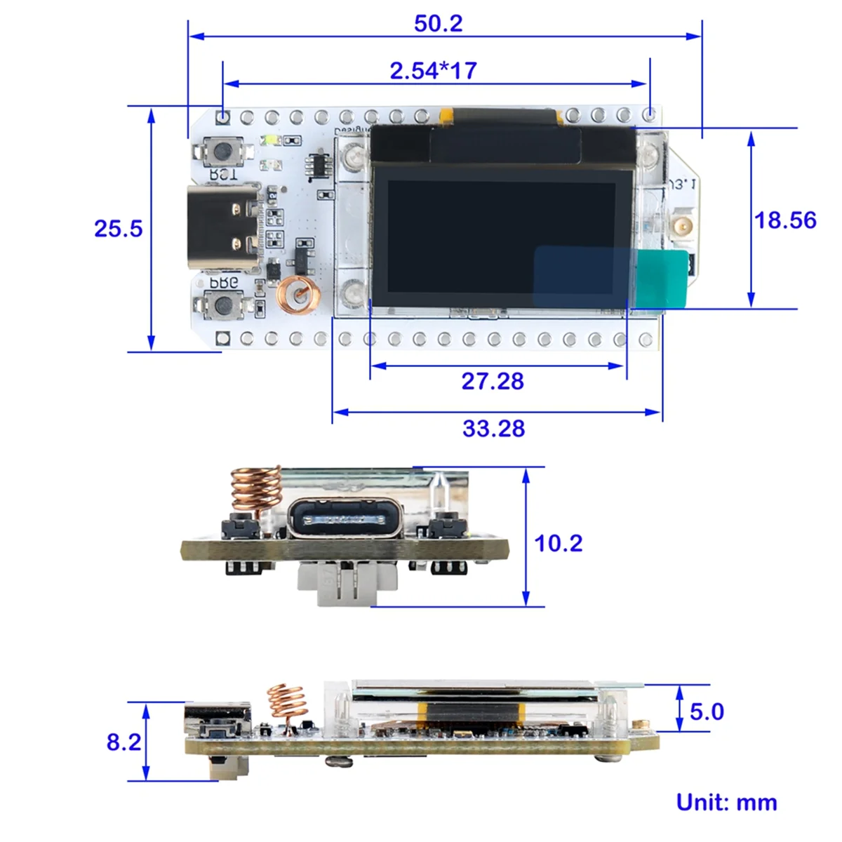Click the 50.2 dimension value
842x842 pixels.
point(438,23)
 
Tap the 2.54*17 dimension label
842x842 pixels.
point(433,70)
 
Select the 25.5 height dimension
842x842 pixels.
point(118,229)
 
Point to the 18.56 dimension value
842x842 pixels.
point(784,220)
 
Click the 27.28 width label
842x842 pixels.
point(492,381)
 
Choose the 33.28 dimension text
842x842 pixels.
point(493,428)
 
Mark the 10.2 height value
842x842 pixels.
point(558,543)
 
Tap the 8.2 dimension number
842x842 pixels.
point(123,742)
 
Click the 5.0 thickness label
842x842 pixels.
point(706,711)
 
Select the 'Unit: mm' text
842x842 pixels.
point(726,802)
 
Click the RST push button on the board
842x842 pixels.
point(223,150)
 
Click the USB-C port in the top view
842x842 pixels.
point(223,227)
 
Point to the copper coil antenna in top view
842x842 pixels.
point(298,295)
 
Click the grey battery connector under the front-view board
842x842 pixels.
point(346,584)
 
